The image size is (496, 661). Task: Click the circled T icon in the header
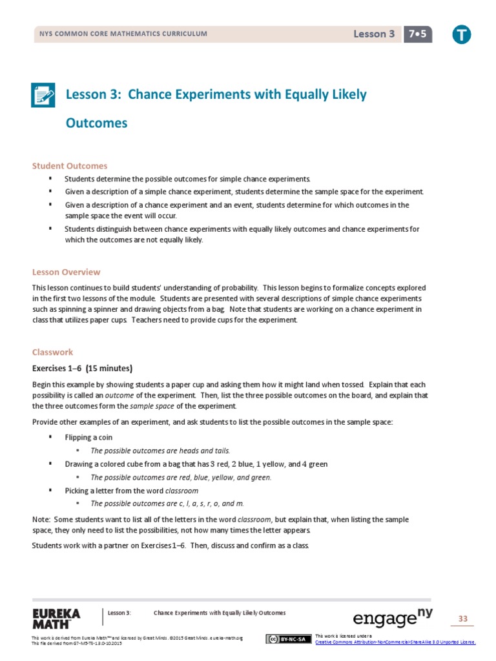(x=461, y=35)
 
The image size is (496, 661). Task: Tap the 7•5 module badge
(x=418, y=34)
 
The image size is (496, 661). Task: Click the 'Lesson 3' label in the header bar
(x=374, y=34)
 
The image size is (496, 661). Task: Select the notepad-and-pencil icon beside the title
(x=44, y=95)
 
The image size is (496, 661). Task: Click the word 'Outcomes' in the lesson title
(x=97, y=123)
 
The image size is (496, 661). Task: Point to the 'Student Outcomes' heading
(x=70, y=166)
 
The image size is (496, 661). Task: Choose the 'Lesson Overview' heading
(x=67, y=272)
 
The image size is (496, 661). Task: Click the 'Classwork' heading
(x=53, y=352)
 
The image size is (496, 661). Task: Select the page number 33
(x=462, y=619)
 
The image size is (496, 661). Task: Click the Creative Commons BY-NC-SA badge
(x=287, y=639)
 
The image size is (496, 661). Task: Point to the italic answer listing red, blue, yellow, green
(x=181, y=477)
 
